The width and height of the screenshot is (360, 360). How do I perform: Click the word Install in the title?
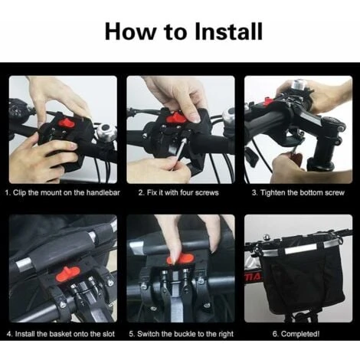click(x=228, y=31)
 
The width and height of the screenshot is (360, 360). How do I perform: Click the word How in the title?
click(x=130, y=31)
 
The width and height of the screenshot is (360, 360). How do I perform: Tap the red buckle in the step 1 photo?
click(x=67, y=123)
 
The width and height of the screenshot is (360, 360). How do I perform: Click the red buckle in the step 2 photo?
click(x=176, y=117)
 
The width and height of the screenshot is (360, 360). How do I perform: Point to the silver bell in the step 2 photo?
click(x=228, y=117)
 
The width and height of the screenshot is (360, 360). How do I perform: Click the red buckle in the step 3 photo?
click(x=268, y=102)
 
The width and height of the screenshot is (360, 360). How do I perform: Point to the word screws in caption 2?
click(x=207, y=193)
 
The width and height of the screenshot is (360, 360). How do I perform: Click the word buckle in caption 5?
click(x=185, y=334)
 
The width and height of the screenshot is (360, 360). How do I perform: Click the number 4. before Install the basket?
click(x=10, y=334)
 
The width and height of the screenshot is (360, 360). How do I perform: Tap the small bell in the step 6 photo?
click(x=267, y=236)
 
